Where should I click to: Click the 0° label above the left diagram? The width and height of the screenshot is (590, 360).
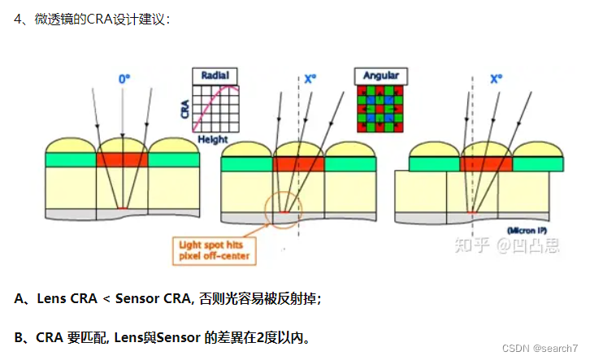124,79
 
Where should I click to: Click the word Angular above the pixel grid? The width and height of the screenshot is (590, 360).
380,76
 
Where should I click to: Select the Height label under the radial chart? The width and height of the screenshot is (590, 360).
213,139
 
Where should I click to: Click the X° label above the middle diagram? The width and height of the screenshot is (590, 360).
311,79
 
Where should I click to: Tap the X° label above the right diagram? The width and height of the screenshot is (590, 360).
496,79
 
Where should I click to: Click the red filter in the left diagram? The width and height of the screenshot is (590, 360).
122,160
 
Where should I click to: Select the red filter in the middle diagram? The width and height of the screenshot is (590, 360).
298,164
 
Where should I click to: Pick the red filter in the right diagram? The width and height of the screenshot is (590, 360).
485,164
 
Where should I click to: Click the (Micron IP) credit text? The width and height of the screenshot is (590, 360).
536,230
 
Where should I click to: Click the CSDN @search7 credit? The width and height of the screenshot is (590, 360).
540,348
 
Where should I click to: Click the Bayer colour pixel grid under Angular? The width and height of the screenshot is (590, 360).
380,109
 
